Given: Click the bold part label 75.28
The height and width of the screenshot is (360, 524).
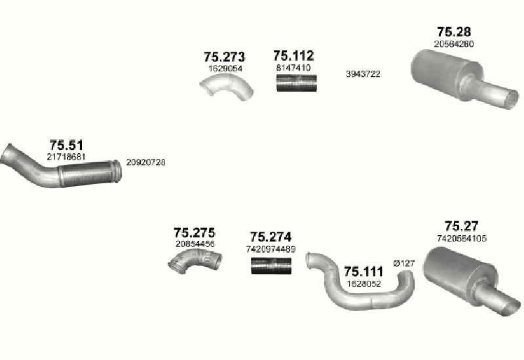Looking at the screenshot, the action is (x=454, y=31).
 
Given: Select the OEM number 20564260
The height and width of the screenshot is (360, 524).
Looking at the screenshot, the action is (x=454, y=44).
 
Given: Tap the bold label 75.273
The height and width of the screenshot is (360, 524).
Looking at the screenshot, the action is (x=224, y=57).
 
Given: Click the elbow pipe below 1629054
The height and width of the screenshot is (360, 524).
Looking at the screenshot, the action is (x=227, y=87).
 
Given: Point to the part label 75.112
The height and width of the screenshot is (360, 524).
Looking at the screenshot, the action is (x=293, y=56).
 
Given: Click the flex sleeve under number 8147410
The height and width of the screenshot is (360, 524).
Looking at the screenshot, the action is (x=297, y=83).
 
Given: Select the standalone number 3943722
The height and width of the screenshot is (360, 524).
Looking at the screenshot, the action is (x=363, y=74).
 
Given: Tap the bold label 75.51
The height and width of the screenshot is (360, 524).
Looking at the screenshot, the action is (x=66, y=145).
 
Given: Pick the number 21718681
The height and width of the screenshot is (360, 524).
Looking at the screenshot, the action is (x=66, y=156).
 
